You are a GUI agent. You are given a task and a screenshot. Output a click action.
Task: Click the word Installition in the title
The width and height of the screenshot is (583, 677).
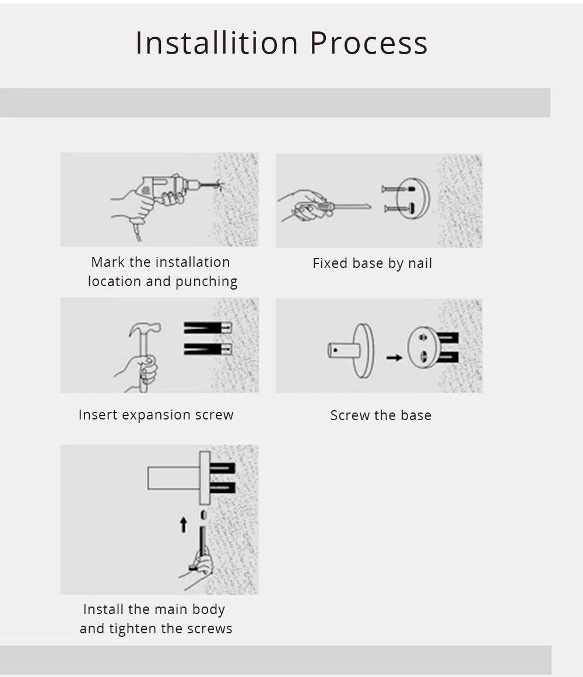pos(217,43)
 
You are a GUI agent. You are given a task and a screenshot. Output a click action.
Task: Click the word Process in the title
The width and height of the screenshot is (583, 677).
pos(368,43)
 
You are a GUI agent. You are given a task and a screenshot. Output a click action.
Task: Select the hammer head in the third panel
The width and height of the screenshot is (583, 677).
pos(145,329)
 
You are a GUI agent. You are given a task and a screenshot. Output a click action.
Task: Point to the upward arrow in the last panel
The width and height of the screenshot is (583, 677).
pos(183,524)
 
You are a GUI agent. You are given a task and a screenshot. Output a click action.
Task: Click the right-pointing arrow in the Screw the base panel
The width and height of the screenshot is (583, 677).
pos(394,358)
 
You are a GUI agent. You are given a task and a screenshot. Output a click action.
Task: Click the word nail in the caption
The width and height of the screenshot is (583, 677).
pos(420,263)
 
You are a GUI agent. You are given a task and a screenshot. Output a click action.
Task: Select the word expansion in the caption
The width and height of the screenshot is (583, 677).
pos(156,415)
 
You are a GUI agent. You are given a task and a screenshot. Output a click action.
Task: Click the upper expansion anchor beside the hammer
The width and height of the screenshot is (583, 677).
pos(208,327)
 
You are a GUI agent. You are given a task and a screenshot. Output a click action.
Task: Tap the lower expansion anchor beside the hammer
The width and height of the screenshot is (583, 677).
pos(208,349)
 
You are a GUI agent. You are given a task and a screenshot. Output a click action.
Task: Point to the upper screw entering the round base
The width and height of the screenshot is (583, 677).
pos(398,189)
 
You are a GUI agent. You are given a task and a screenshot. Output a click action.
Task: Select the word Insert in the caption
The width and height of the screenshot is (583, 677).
pos(98,414)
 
